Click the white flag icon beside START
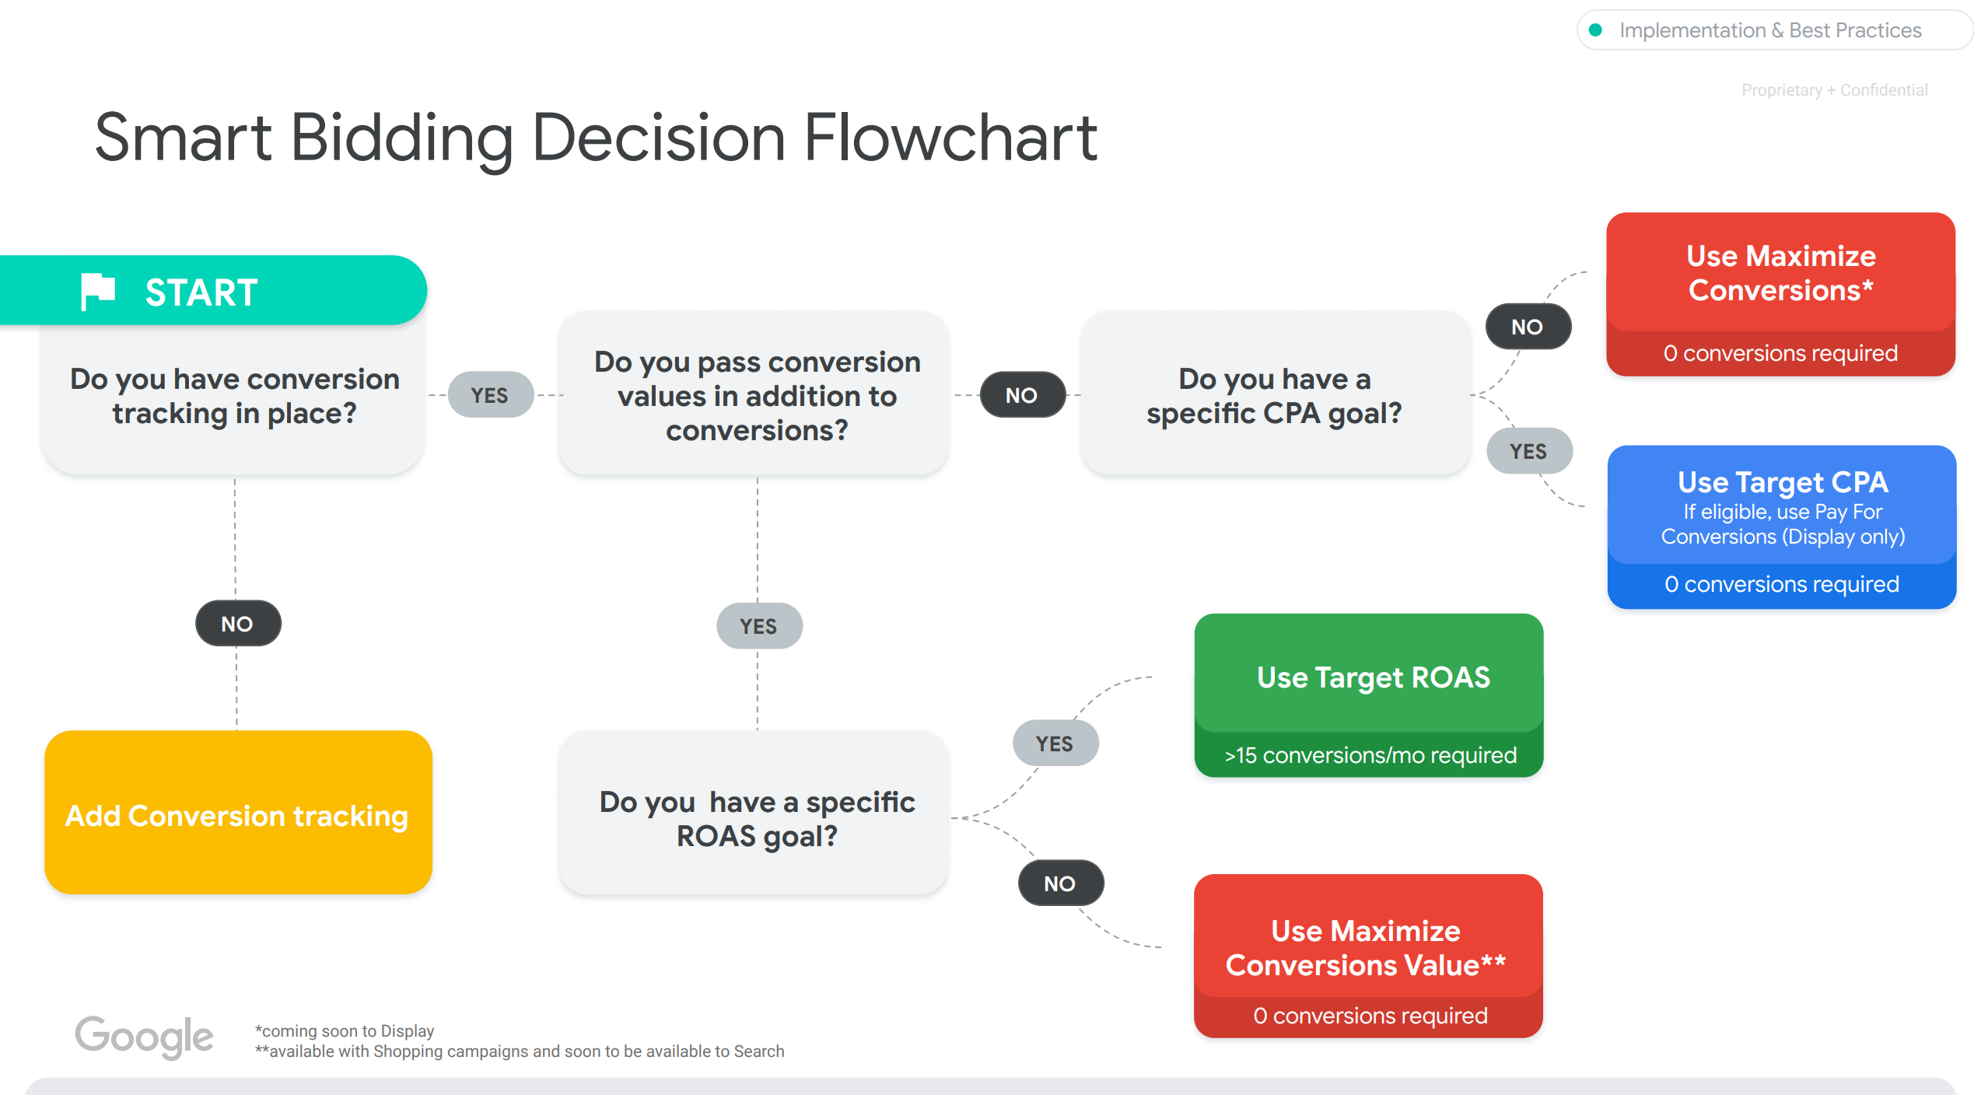click(98, 292)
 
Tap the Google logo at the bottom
click(144, 1037)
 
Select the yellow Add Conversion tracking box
click(238, 812)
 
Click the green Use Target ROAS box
click(1369, 695)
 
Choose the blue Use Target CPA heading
click(1783, 482)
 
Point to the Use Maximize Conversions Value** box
click(1369, 956)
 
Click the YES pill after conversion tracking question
click(490, 395)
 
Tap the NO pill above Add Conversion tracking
click(237, 624)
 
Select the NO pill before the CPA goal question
click(1022, 395)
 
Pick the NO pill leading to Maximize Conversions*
click(1528, 327)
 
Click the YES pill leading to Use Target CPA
click(1529, 451)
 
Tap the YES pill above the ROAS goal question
click(759, 626)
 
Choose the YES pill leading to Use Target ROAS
click(1055, 743)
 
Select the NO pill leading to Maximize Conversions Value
click(1060, 883)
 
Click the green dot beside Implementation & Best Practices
click(1596, 30)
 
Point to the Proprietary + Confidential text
click(1835, 90)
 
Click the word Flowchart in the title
click(950, 138)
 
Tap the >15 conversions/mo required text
click(1370, 755)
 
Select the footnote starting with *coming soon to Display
click(345, 1030)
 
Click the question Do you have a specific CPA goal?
click(1274, 396)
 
